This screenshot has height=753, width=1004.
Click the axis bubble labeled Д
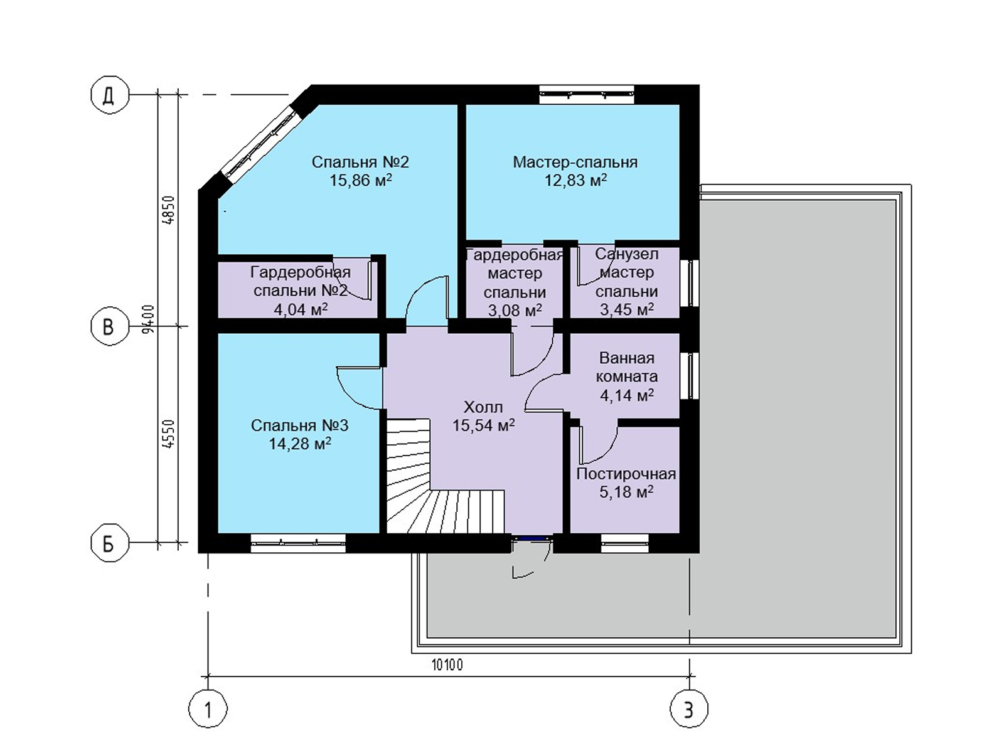pos(109,95)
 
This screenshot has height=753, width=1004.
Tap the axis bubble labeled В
pos(109,327)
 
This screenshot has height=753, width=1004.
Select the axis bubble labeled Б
pos(109,543)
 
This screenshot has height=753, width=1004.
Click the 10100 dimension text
pos(447,665)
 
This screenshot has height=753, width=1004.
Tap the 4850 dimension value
pos(169,210)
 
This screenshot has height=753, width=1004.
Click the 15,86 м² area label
pos(361,180)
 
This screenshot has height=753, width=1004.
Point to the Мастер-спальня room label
pos(575,163)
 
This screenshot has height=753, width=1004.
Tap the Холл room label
pos(483,407)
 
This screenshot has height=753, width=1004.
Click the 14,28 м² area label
pos(300,444)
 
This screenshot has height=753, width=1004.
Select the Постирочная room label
pos(626,474)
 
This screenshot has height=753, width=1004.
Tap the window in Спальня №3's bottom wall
pos(298,543)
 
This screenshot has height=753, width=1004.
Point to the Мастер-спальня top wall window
pos(586,95)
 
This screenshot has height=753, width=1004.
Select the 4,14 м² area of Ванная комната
pos(627,395)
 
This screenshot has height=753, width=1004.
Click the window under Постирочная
pos(625,543)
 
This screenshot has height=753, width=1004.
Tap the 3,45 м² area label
pos(627,309)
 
